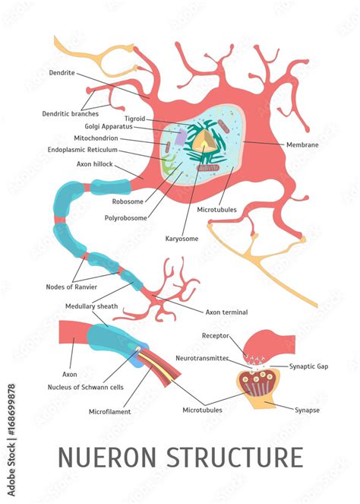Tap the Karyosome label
(x=182, y=239)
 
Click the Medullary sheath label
(x=90, y=306)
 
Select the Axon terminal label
(x=226, y=312)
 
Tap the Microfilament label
(x=110, y=412)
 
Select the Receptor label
(x=216, y=335)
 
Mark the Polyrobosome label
(x=126, y=217)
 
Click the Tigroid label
(x=134, y=119)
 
